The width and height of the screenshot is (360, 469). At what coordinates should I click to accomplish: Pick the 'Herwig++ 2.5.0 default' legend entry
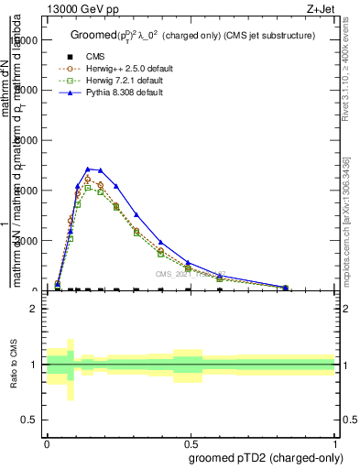pos(108,70)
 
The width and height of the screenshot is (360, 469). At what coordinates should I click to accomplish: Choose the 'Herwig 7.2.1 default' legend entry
pos(106,82)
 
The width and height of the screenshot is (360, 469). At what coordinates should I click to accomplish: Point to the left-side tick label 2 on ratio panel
pos(33,309)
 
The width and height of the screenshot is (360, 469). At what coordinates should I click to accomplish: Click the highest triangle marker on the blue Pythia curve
pos(87,169)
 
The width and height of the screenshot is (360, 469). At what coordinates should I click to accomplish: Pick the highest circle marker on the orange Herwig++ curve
pos(87,179)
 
